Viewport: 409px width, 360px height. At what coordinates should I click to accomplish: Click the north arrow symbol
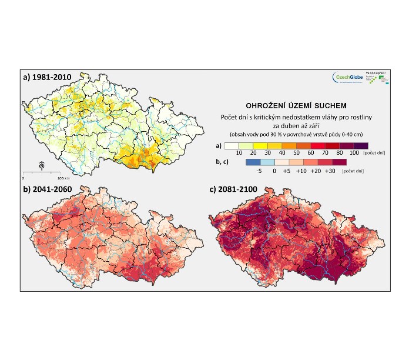pos(41,166)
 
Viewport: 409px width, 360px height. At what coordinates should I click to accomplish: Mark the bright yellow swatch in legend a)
pos(257,144)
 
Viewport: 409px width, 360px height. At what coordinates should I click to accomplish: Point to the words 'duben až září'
pos(291,126)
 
